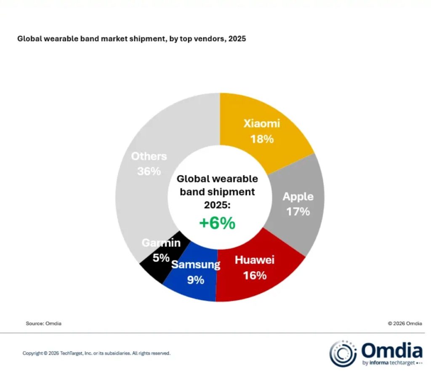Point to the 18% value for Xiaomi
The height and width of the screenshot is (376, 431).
coord(262,139)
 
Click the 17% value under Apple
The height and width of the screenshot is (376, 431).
coord(298,211)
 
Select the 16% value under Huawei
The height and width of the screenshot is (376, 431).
coord(254,275)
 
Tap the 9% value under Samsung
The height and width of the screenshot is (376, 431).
coord(195,280)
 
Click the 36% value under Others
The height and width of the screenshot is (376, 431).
coord(149,171)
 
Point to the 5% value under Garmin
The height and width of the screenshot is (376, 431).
coord(161,258)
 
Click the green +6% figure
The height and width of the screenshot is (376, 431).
coord(217,223)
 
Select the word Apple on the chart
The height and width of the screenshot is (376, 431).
coord(298,196)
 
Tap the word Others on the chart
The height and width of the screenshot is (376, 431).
coord(149,156)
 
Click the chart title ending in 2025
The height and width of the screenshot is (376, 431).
coord(131,39)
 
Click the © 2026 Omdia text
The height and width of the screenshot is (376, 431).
coord(405,323)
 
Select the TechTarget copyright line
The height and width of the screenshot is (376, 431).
coord(96,353)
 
